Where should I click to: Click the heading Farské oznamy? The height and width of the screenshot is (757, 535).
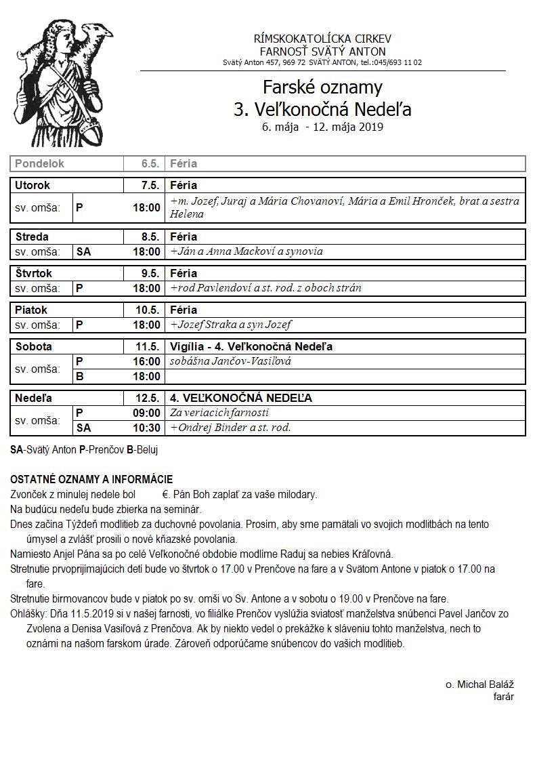tap(322, 87)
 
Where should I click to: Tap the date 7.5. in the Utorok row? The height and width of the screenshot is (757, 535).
tap(150, 185)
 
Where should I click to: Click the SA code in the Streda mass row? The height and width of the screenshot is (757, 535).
tap(83, 251)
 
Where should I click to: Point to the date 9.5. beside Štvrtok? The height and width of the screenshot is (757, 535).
tap(150, 273)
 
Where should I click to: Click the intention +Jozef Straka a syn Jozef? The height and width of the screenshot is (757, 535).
tap(231, 325)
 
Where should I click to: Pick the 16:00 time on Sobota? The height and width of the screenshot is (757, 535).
tap(147, 361)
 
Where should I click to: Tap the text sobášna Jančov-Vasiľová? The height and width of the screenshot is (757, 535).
tap(226, 361)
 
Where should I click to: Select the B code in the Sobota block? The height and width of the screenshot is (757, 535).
tap(79, 376)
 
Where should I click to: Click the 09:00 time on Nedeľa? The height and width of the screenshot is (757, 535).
tap(147, 413)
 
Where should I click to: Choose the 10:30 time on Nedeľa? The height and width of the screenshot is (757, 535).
tap(147, 428)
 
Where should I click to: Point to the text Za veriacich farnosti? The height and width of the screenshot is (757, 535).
tap(220, 413)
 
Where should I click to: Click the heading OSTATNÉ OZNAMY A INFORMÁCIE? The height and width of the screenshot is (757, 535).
tap(91, 480)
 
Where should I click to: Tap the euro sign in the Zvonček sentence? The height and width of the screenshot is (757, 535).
tap(165, 495)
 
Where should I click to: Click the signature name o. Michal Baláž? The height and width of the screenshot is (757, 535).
tap(479, 685)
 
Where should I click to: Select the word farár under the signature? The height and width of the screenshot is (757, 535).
tap(503, 697)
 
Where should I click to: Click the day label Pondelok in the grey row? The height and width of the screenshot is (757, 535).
tap(40, 163)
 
